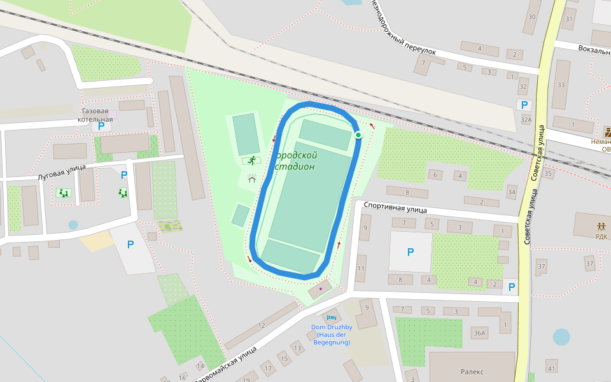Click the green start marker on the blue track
pyautogui.click(x=358, y=135)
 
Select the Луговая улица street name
pyautogui.click(x=61, y=174)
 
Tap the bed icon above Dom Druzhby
pyautogui.click(x=330, y=318)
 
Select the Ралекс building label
pyautogui.click(x=472, y=372)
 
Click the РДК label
pyautogui.click(x=601, y=236)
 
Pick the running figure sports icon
pyautogui.click(x=252, y=159)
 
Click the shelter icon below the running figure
pyautogui.click(x=251, y=179)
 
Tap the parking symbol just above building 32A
pyautogui.click(x=524, y=106)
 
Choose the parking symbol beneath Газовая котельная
pyautogui.click(x=101, y=126)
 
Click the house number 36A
pyautogui.click(x=479, y=333)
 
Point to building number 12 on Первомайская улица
pyautogui.click(x=262, y=326)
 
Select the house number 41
pyautogui.click(x=551, y=369)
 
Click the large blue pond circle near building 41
pyautogui.click(x=561, y=337)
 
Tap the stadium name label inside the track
pyautogui.click(x=296, y=161)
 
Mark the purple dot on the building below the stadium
pyautogui.click(x=320, y=289)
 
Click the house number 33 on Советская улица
pyautogui.click(x=561, y=85)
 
